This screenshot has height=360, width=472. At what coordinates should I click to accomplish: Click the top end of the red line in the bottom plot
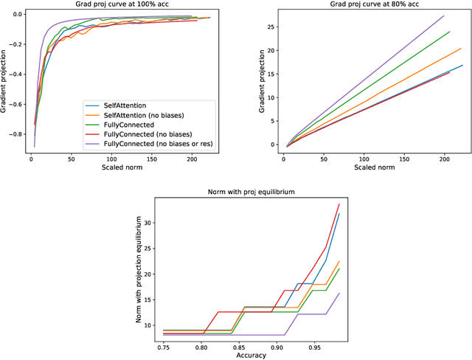coord(339,204)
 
